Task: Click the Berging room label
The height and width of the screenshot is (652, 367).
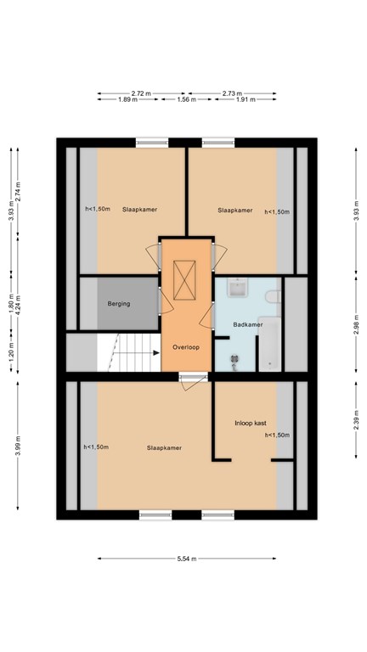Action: [119, 304]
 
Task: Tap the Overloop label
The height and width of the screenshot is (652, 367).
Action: [186, 347]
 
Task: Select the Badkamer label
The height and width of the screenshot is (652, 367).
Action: [247, 325]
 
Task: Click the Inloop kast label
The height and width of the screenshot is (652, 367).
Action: [250, 424]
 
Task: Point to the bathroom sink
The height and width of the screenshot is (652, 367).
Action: [238, 288]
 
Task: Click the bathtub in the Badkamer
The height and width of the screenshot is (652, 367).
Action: [270, 348]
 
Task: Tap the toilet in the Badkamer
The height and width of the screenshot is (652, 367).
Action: [274, 297]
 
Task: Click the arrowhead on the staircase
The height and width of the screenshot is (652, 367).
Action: [156, 353]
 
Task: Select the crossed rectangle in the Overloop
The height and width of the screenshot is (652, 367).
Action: [184, 280]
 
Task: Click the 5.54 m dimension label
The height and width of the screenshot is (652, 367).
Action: [186, 559]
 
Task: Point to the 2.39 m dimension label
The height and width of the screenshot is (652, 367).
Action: [356, 421]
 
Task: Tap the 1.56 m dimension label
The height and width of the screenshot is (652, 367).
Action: [186, 99]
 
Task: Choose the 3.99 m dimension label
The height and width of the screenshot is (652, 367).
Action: [18, 446]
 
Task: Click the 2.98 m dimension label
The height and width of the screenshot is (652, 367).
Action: [356, 325]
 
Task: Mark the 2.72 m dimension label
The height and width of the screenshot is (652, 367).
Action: [141, 93]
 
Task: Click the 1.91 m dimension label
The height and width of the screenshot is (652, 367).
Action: [246, 99]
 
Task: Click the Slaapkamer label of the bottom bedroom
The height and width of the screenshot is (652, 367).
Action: [164, 448]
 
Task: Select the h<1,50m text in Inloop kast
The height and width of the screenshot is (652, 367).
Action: [277, 436]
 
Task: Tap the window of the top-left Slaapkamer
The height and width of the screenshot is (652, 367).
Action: [152, 143]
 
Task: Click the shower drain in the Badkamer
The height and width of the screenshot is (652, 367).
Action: [234, 358]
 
